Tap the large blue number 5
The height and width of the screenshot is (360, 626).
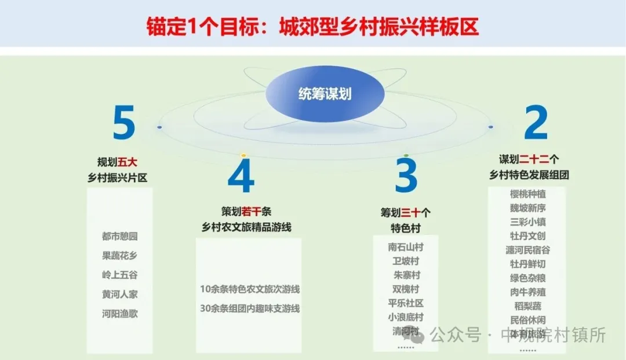123,123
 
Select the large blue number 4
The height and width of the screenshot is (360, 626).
241,177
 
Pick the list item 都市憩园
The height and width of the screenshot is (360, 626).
120,237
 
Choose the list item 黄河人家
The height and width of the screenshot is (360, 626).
120,294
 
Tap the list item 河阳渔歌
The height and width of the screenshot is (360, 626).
120,313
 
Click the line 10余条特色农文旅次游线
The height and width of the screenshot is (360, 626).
250,289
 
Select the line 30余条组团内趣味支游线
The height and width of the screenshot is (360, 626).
250,308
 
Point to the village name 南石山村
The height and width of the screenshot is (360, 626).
406,247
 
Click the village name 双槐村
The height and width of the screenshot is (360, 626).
406,289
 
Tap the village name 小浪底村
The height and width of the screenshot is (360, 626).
406,317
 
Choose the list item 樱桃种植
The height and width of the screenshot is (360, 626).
527,194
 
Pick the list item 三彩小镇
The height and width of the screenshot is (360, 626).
527,222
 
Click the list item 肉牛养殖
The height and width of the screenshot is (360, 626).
527,292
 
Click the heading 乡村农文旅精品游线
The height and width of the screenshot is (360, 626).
246,227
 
